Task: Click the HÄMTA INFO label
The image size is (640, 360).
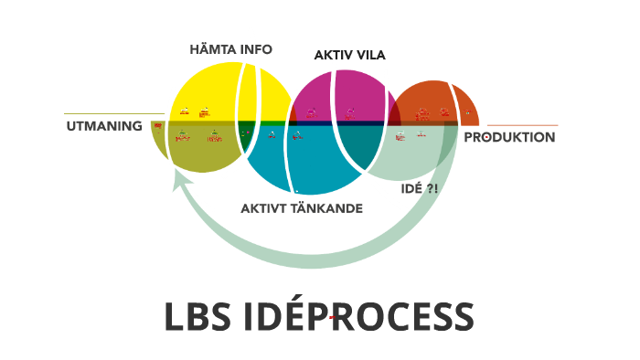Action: coord(230,49)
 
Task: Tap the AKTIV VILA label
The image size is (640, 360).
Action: coord(349,55)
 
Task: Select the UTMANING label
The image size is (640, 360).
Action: coord(103,125)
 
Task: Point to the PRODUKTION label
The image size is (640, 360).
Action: coord(510,137)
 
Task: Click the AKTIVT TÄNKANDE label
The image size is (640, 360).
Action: coord(302,208)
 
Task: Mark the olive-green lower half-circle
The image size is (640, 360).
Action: coord(201,151)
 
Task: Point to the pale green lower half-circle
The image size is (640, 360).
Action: coord(416,155)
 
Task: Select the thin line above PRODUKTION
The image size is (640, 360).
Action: coord(521,125)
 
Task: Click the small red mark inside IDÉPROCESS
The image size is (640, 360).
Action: coord(333,317)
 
